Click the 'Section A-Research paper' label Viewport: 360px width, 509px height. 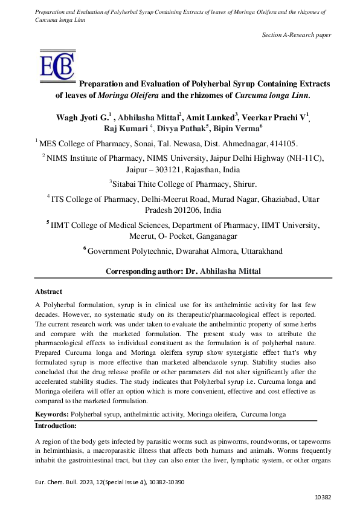[x=297, y=34]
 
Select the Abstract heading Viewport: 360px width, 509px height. [x=48, y=291]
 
